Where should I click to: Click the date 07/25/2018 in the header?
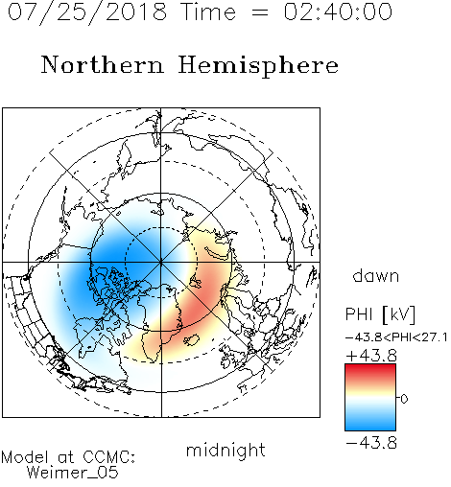pyautogui.click(x=87, y=12)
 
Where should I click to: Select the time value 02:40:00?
pyautogui.click(x=338, y=12)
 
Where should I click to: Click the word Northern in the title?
pyautogui.click(x=103, y=64)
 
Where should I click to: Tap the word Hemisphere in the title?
pyautogui.click(x=258, y=66)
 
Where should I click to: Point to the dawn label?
pyautogui.click(x=376, y=275)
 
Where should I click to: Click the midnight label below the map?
pyautogui.click(x=225, y=450)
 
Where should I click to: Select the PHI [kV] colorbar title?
pyautogui.click(x=380, y=314)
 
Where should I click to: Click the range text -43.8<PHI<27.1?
pyautogui.click(x=396, y=337)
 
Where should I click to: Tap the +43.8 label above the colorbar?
pyautogui.click(x=371, y=356)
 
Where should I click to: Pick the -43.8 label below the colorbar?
pyautogui.click(x=371, y=443)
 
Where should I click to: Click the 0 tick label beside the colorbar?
pyautogui.click(x=404, y=399)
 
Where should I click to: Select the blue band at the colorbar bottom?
pyautogui.click(x=370, y=424)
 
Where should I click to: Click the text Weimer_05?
pyautogui.click(x=73, y=472)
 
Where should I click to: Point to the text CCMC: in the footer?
pyautogui.click(x=109, y=456)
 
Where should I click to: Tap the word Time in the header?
pyautogui.click(x=208, y=12)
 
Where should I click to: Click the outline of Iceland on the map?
pyautogui.click(x=191, y=340)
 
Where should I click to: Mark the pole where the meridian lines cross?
pyautogui.click(x=161, y=263)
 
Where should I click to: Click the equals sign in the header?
pyautogui.click(x=259, y=12)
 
